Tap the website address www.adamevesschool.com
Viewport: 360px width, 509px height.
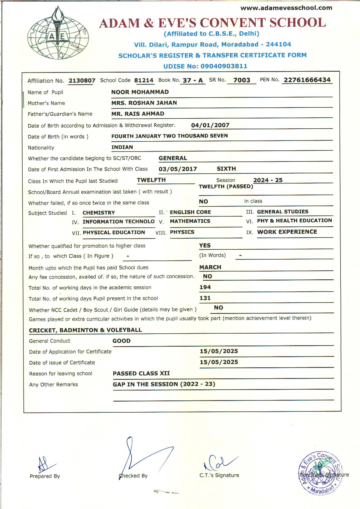(286, 8)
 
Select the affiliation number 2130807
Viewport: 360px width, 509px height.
(82, 80)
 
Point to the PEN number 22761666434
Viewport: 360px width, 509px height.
(307, 80)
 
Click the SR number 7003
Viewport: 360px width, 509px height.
(242, 80)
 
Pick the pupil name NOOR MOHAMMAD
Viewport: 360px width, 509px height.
(140, 92)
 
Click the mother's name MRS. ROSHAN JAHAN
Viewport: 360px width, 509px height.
(144, 103)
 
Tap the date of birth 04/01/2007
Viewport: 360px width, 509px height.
(210, 125)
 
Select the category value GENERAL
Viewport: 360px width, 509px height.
(173, 158)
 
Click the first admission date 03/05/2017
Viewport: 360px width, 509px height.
(178, 169)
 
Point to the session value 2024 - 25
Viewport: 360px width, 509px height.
(268, 180)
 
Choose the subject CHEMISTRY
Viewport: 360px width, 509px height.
(99, 213)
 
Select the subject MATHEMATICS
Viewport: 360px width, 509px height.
(190, 221)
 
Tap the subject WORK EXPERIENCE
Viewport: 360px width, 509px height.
(287, 232)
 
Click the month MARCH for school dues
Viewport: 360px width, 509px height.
(210, 267)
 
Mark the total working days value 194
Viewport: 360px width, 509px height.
(205, 287)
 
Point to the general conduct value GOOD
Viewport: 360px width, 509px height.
(121, 341)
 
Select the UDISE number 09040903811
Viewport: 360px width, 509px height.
(224, 66)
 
